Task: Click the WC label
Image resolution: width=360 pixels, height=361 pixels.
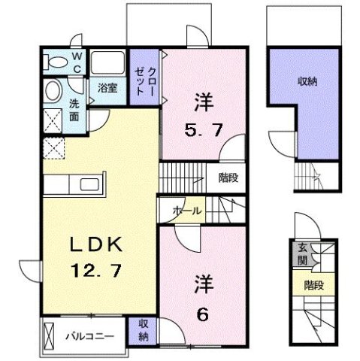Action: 77,60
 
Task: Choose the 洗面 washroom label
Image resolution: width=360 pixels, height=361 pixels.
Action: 74,110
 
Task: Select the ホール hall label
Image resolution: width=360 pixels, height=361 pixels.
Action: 186,211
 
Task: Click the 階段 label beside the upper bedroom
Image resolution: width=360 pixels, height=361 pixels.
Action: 226,177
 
